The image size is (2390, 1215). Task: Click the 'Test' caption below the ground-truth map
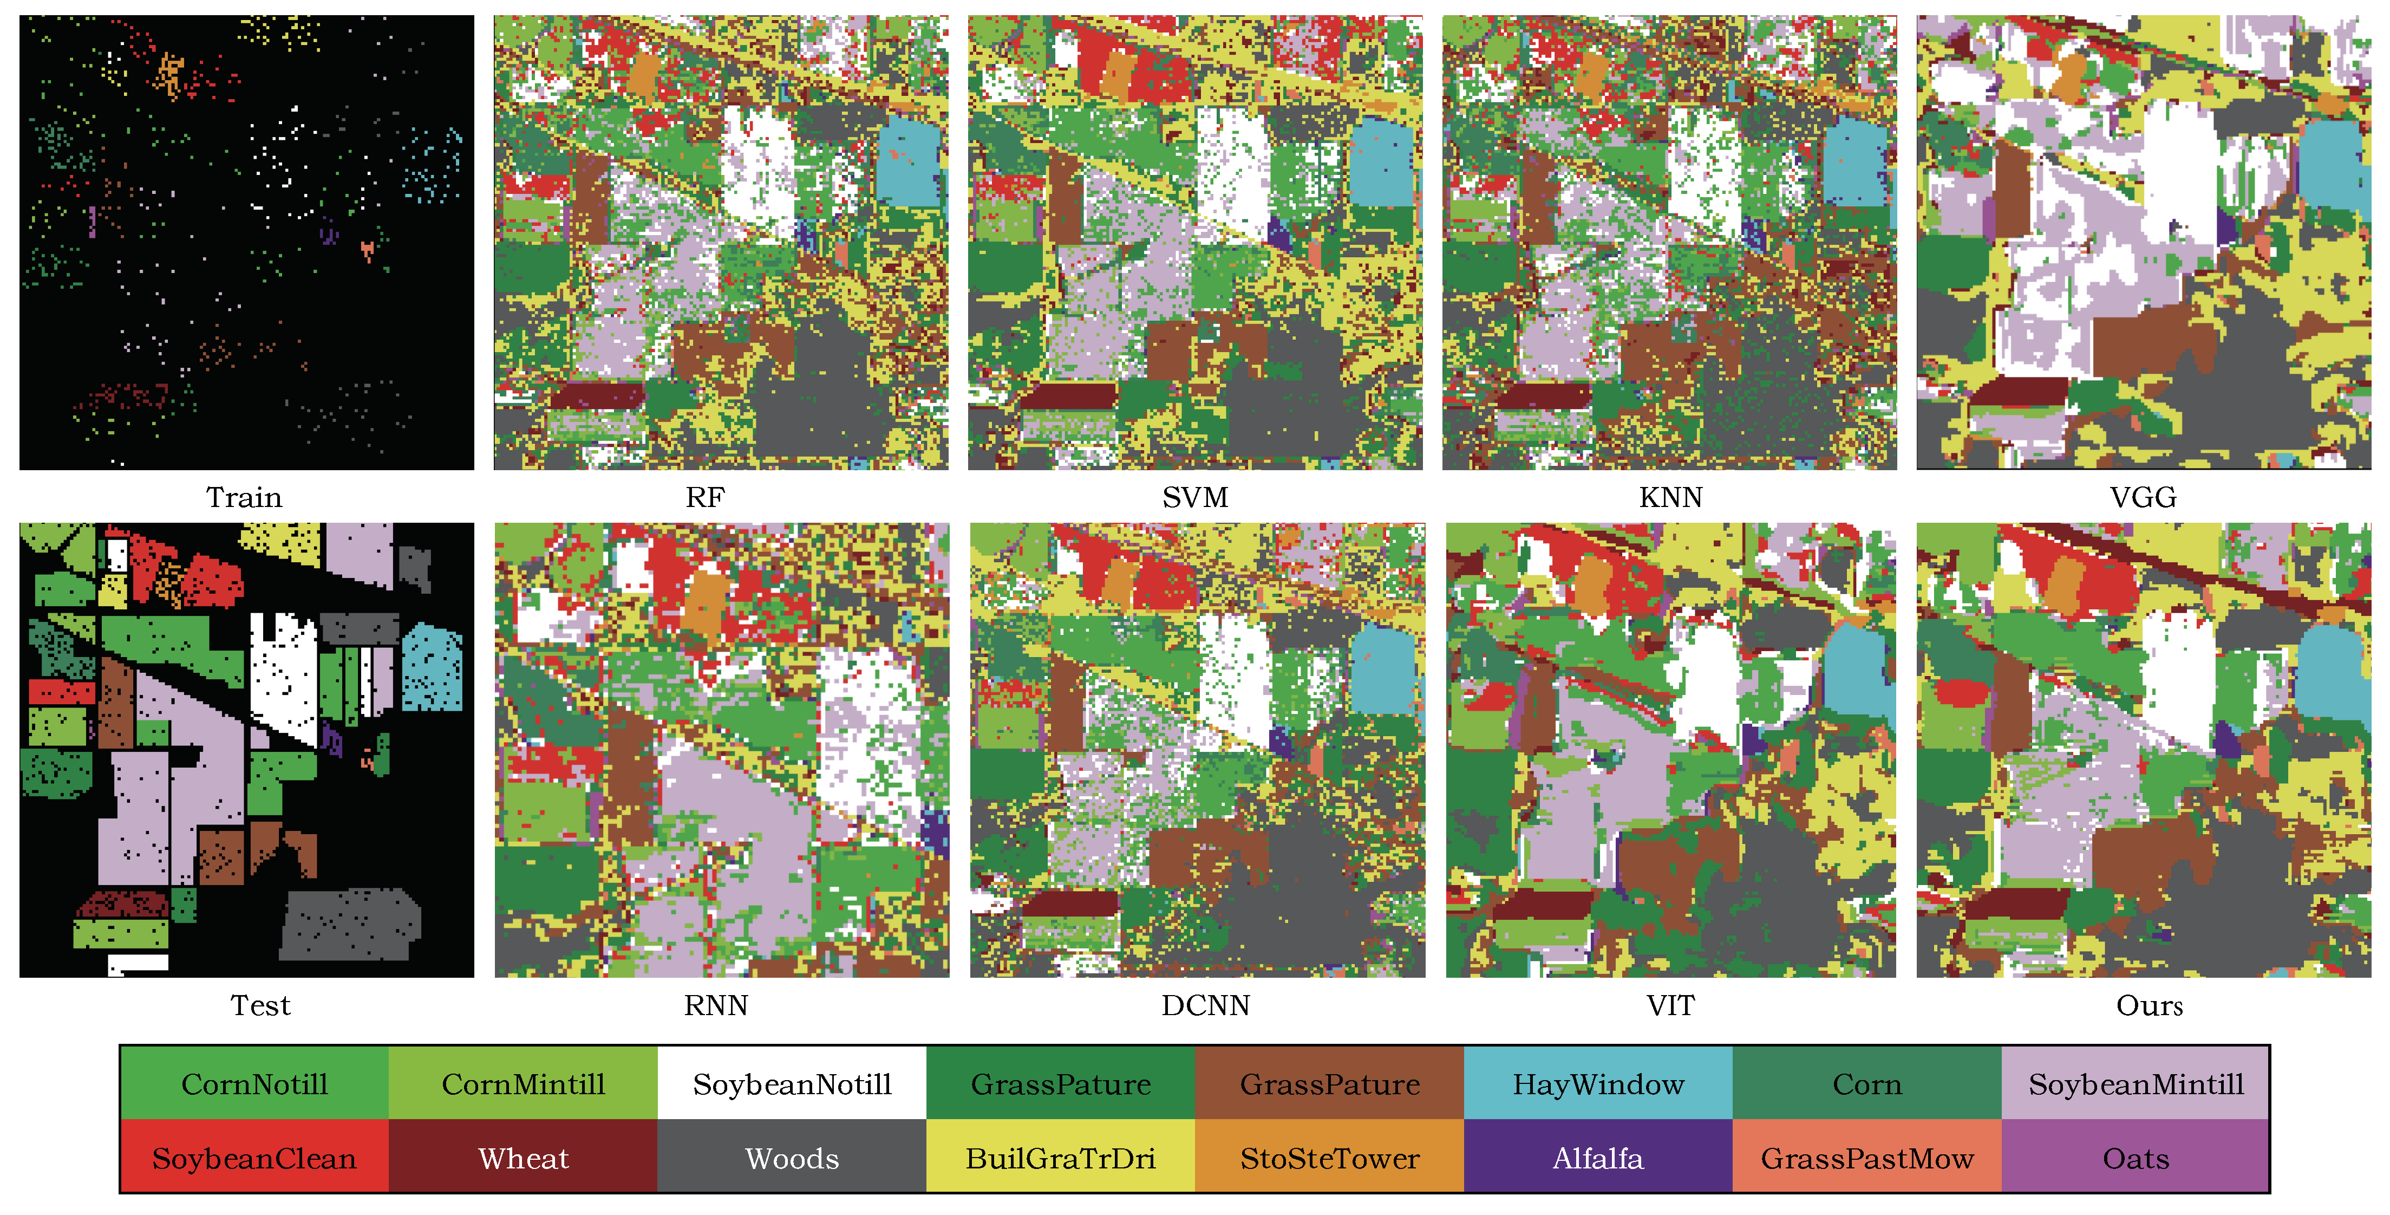tap(260, 1005)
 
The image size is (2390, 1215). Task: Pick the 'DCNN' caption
tap(1205, 1005)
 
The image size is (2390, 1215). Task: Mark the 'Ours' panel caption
tap(2149, 1005)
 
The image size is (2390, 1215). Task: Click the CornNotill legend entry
tap(254, 1083)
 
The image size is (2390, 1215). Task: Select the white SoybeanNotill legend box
tap(792, 1083)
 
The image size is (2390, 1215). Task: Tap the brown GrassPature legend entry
tap(1329, 1083)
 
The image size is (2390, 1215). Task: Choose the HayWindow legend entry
tap(1598, 1083)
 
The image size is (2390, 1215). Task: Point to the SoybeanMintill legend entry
tap(2136, 1083)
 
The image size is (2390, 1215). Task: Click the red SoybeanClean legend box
tap(254, 1158)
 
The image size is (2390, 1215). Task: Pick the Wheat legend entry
tap(523, 1158)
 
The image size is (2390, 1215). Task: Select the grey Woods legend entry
tap(792, 1158)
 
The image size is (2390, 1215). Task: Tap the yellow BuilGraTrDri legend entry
tap(1061, 1158)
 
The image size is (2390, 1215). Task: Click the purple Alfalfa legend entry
tap(1598, 1158)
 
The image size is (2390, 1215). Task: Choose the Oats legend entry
tap(2136, 1158)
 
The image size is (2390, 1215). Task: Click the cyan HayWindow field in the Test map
tap(432, 668)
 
